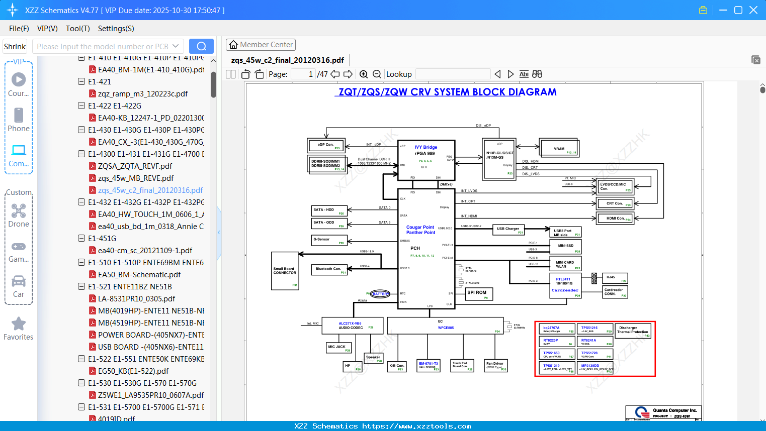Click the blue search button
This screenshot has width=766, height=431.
(201, 46)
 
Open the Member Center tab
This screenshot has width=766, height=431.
(261, 45)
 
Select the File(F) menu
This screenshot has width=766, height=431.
(19, 29)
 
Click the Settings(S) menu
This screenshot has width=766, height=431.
(116, 29)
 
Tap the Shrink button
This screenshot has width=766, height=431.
(15, 46)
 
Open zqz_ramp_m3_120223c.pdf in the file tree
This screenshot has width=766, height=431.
(142, 94)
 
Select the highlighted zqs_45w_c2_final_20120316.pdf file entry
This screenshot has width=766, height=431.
(150, 190)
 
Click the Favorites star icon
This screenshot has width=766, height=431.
(19, 324)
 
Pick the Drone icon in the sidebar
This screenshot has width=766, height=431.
(19, 211)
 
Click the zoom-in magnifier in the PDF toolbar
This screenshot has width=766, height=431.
(364, 74)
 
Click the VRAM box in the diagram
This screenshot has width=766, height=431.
(559, 149)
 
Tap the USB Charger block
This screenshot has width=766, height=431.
(508, 229)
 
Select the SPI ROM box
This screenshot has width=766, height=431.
(478, 293)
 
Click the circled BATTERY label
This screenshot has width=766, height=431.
(380, 294)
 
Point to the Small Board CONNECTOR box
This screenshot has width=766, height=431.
(285, 271)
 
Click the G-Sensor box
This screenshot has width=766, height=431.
(329, 240)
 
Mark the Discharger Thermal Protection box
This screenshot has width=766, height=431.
(633, 331)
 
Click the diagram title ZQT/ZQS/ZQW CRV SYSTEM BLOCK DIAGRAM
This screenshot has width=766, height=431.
(447, 92)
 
